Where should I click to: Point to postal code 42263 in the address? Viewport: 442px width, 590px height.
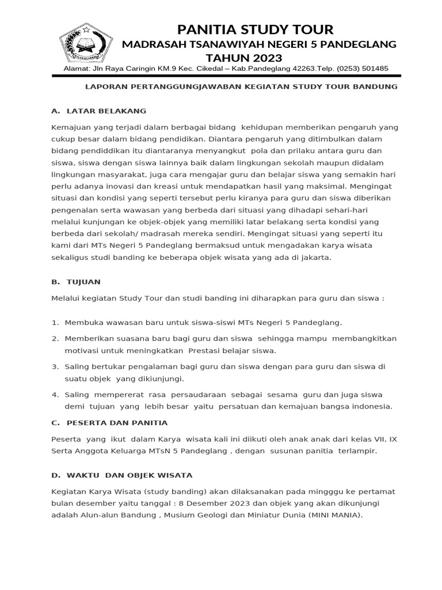(300, 69)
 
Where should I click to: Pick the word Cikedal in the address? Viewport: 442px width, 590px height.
(207, 69)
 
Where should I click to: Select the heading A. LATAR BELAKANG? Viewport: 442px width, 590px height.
(98, 110)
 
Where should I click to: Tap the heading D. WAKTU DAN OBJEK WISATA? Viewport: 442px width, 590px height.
(121, 475)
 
